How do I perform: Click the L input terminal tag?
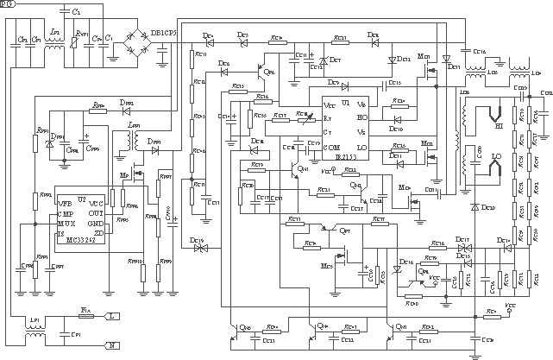pos(112,317)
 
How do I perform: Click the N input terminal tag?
pos(112,344)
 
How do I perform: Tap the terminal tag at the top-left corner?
pos(8,5)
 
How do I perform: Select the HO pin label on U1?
pos(361,117)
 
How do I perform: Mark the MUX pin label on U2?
pos(66,223)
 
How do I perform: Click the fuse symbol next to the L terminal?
pos(85,317)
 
